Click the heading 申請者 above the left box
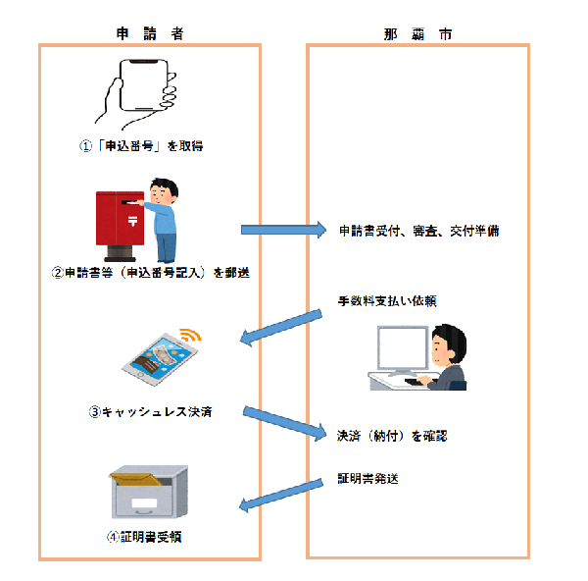click(x=149, y=33)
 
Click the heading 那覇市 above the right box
click(x=417, y=33)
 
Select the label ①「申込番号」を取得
click(x=146, y=146)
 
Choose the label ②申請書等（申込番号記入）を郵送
click(x=150, y=273)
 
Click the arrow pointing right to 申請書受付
click(x=283, y=230)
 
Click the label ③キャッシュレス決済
click(x=150, y=412)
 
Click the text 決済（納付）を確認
click(x=392, y=434)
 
